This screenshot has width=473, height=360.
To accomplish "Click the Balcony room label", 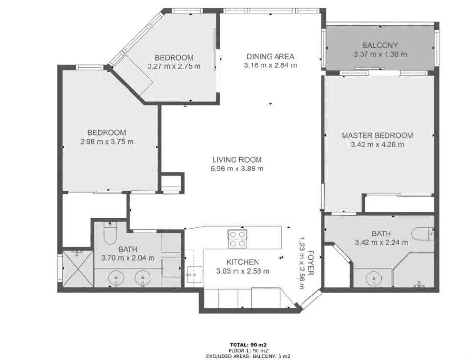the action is (380, 45).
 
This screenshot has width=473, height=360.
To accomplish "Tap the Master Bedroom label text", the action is (377, 136).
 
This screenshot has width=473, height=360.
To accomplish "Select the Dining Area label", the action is (270, 56).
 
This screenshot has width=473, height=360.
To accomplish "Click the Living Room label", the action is (237, 160).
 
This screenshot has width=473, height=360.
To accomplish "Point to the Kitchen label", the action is (242, 262).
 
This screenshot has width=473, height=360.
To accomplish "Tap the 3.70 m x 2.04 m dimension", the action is (128, 258).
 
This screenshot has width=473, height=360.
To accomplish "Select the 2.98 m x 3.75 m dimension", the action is (107, 141).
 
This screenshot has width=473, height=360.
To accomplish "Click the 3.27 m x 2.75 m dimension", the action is (174, 66).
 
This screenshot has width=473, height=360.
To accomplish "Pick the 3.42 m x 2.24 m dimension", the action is (381, 242).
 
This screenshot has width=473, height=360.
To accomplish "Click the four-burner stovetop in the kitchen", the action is (237, 239).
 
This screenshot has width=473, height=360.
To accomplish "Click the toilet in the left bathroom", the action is (110, 233).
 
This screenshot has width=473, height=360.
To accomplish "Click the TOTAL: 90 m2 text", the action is (248, 345).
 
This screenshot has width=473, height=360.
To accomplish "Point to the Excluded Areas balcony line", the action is (248, 356).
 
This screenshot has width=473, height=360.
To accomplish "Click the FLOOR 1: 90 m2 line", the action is (248, 351).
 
